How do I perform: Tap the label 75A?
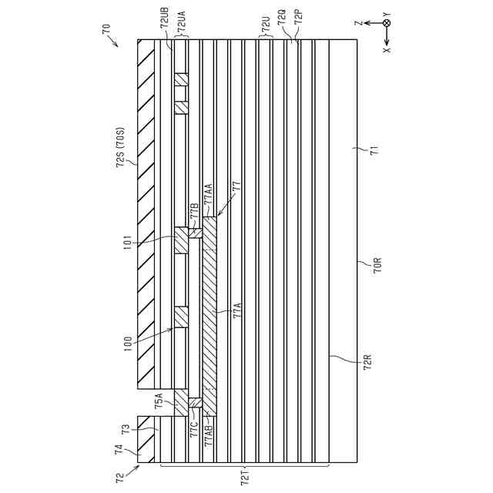[x=159, y=400]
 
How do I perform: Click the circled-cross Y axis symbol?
[x=387, y=24]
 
